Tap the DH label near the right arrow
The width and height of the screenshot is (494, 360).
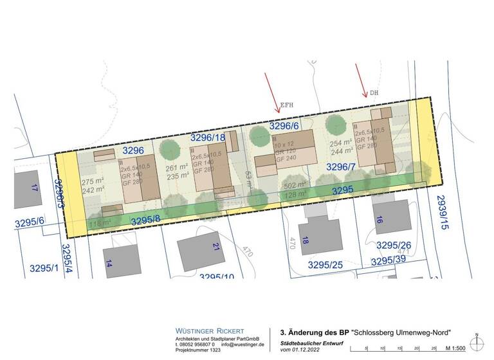(373, 93)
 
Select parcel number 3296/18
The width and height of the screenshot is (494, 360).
(208, 138)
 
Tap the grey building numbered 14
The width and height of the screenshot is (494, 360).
(123, 258)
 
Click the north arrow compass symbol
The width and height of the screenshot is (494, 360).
(476, 344)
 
